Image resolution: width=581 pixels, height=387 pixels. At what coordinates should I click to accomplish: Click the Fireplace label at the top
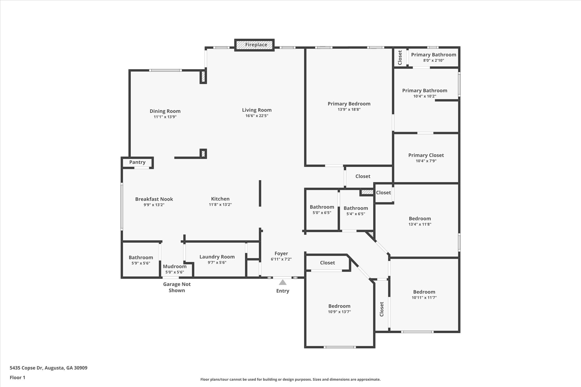(256, 45)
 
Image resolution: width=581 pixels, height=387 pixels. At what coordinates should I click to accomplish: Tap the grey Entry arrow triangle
(282, 282)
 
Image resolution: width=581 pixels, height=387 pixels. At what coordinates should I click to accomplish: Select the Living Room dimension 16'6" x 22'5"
(257, 116)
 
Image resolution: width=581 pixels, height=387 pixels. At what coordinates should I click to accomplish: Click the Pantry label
(137, 162)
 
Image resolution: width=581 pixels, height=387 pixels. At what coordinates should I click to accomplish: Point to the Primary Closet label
(426, 155)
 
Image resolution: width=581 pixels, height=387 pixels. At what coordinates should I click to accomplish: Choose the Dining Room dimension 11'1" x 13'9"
(165, 117)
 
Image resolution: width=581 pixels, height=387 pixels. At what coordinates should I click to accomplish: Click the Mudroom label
(174, 267)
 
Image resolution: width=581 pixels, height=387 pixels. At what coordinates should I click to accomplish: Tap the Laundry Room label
(217, 257)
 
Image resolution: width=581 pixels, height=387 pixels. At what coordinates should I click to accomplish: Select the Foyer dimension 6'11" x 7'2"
(281, 259)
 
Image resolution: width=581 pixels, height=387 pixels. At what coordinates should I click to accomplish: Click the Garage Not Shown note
(177, 287)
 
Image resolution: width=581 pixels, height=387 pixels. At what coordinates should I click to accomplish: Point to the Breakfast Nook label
(154, 199)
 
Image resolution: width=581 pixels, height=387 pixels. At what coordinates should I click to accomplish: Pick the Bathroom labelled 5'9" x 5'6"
(141, 257)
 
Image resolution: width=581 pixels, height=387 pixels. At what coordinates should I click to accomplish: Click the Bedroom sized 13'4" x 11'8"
(420, 219)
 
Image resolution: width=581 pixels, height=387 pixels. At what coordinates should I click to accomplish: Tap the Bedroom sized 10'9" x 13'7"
(339, 306)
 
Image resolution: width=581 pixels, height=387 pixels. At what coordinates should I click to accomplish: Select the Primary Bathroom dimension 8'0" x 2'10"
(433, 60)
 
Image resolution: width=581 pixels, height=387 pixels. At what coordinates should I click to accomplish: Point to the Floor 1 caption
(18, 378)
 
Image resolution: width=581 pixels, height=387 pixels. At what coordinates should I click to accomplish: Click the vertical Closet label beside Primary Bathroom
(400, 58)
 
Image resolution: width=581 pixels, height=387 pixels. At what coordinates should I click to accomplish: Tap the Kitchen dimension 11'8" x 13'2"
(220, 205)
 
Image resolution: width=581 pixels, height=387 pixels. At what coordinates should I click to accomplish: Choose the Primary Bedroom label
(349, 104)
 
